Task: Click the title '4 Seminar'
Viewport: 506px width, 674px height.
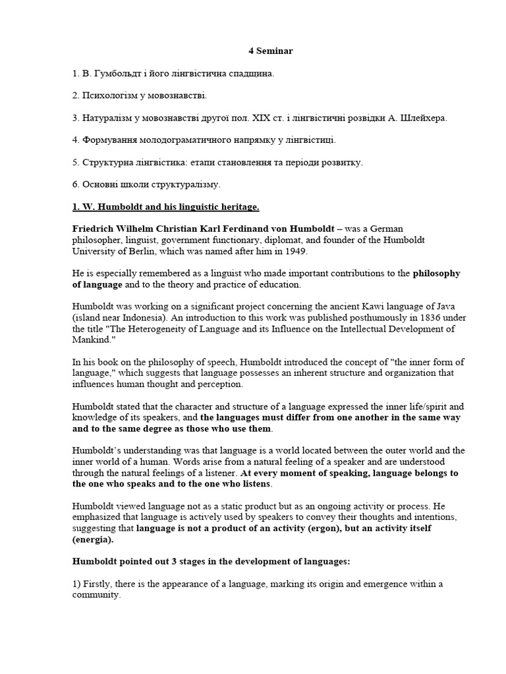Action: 253,51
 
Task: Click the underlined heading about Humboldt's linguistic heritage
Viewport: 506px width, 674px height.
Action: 166,207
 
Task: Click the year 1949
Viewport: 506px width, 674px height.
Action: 291,252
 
